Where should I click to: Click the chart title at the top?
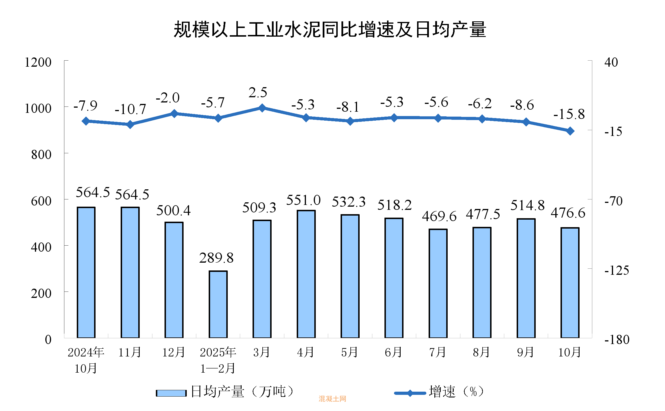pyautogui.click(x=330, y=29)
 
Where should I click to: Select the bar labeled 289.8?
pyautogui.click(x=218, y=304)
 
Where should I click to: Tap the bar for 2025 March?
pyautogui.click(x=262, y=279)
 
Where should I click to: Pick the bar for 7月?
pyautogui.click(x=438, y=283)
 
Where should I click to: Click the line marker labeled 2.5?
pyautogui.click(x=262, y=108)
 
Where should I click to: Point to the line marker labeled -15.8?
pyautogui.click(x=570, y=131)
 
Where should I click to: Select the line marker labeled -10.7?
pyautogui.click(x=130, y=124)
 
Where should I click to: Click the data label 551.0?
pyautogui.click(x=303, y=200)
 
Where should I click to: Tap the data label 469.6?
pyautogui.click(x=439, y=216)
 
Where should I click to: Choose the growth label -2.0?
pyautogui.click(x=168, y=98)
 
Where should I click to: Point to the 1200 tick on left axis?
pyautogui.click(x=38, y=62)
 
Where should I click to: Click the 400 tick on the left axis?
pyautogui.click(x=41, y=247)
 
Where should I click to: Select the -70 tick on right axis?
pyautogui.click(x=613, y=201)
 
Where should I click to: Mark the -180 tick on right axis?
pyautogui.click(x=617, y=340)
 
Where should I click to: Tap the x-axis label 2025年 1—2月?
pyautogui.click(x=218, y=360)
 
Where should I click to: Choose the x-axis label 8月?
pyautogui.click(x=481, y=352)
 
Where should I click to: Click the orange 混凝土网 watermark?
pyautogui.click(x=332, y=399)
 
